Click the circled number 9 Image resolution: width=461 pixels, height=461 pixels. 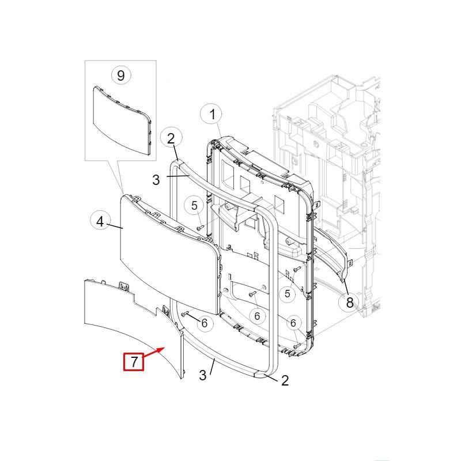coord(121,75)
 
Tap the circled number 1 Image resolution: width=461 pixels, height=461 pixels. coord(212,114)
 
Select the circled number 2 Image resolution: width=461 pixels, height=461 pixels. coord(171,138)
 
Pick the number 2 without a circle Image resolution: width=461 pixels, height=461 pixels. coord(285,380)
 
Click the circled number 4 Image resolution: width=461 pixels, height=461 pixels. coord(100,222)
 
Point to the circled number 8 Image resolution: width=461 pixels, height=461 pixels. coord(349,303)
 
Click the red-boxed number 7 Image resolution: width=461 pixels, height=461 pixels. coord(134,361)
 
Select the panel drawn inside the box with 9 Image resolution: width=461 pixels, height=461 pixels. coord(122,120)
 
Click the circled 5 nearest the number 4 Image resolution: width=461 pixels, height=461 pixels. coord(194,206)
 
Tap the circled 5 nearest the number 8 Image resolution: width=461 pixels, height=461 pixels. coord(287,293)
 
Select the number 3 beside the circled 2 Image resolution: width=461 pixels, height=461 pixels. coord(156,179)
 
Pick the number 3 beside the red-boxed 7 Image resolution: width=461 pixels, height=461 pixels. coord(203,375)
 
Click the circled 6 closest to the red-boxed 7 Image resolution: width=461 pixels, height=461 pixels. coord(204,323)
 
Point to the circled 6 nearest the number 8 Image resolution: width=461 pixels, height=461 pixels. coord(293,323)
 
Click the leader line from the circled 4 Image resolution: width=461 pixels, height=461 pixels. coord(115,226)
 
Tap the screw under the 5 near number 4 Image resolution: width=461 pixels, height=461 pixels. coord(201,227)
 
